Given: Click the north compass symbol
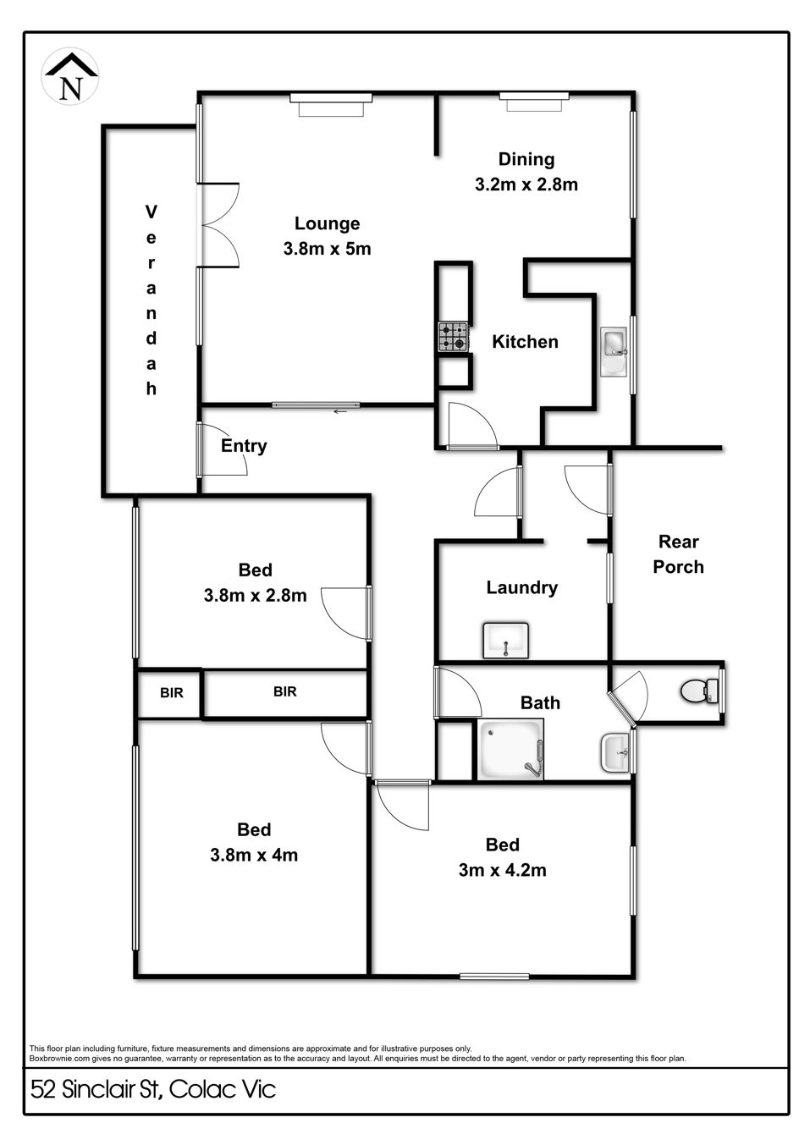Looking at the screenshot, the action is [x=70, y=77].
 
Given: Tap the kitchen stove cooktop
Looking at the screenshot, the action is [x=453, y=337].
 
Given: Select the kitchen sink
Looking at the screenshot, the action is [x=614, y=352].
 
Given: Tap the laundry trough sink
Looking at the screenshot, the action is [x=506, y=640].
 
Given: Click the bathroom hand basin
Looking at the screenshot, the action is [x=615, y=753].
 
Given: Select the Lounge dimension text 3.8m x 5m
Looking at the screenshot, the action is [x=328, y=249].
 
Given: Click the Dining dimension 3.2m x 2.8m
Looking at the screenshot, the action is [x=526, y=184].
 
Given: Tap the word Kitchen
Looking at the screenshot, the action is [x=525, y=341].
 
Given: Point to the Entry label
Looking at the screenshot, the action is [x=244, y=446].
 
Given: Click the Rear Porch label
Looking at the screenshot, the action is [x=679, y=554].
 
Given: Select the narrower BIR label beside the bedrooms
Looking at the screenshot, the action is [x=171, y=692].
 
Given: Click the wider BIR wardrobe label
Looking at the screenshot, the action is [x=285, y=691].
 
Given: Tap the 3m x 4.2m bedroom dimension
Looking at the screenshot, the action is [x=503, y=870].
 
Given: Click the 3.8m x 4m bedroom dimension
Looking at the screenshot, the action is [x=254, y=855].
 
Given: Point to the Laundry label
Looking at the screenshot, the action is [x=522, y=588].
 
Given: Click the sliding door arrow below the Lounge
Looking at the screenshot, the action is [x=340, y=411].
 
